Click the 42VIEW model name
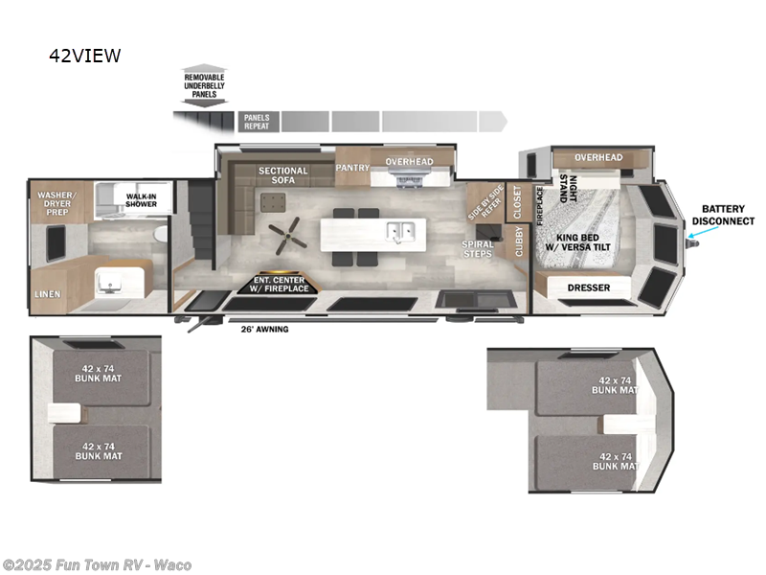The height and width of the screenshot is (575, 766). pos(85,56)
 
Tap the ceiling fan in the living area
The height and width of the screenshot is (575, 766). pos(286,231)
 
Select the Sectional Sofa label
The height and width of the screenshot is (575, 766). pos(282,176)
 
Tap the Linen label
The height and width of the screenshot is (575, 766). pos(47,294)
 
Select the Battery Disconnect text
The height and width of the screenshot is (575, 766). pos(728,215)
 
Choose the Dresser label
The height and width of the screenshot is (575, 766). pos(589,287)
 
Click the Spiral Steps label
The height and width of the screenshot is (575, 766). pos(478,249)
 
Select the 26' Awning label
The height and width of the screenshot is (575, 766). pos(264,330)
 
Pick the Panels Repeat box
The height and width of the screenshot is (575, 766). pos(257,122)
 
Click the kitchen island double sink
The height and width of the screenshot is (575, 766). pos(400,231)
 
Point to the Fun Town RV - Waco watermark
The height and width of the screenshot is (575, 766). pos(97,564)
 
